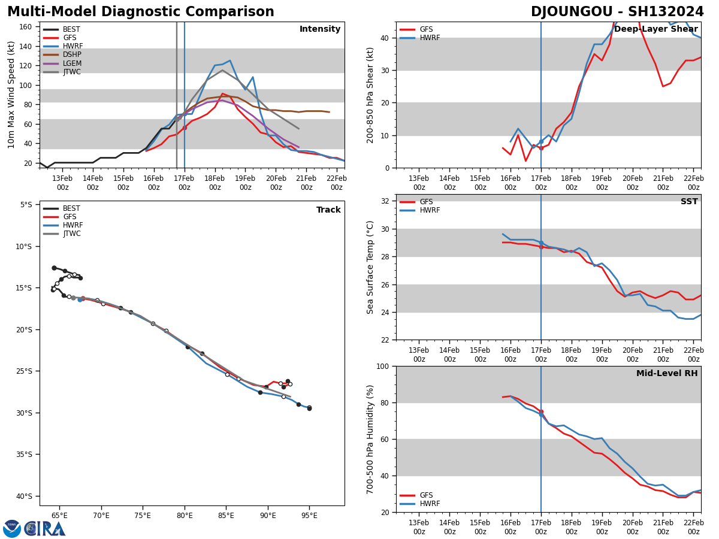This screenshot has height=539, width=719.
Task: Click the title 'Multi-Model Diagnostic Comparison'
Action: click(x=141, y=12)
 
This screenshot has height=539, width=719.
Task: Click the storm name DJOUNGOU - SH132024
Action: click(x=617, y=12)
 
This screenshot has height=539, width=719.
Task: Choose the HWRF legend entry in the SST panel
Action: click(x=430, y=211)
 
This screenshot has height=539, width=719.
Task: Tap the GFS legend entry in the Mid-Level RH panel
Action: click(x=426, y=495)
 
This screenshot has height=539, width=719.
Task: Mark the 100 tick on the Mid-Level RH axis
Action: click(x=382, y=366)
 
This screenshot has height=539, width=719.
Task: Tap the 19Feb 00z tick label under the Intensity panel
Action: click(x=245, y=183)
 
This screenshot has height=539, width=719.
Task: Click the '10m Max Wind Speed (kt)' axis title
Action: click(x=11, y=95)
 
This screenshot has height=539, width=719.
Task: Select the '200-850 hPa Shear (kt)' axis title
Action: click(x=371, y=95)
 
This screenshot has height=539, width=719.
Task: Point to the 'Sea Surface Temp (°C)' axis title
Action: click(x=371, y=267)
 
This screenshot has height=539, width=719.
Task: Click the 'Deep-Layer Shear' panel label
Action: click(x=655, y=29)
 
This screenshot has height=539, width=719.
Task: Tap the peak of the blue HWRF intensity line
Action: click(x=230, y=60)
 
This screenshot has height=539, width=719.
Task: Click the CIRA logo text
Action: click(x=44, y=529)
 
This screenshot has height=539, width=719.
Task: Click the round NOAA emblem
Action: click(x=12, y=528)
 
